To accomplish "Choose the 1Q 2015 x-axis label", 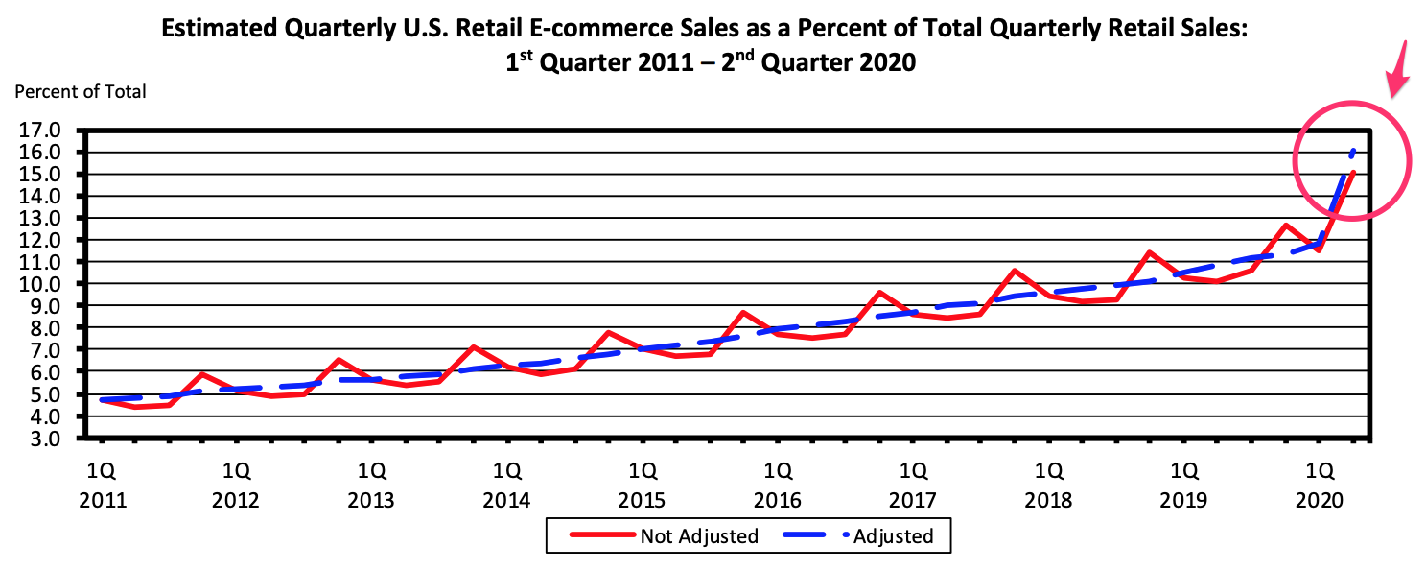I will [x=643, y=486].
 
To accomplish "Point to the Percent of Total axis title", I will [x=81, y=92].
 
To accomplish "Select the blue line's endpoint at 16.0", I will [x=1353, y=152].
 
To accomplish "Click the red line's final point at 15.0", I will [x=1352, y=174].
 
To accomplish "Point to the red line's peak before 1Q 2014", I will [x=473, y=347].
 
